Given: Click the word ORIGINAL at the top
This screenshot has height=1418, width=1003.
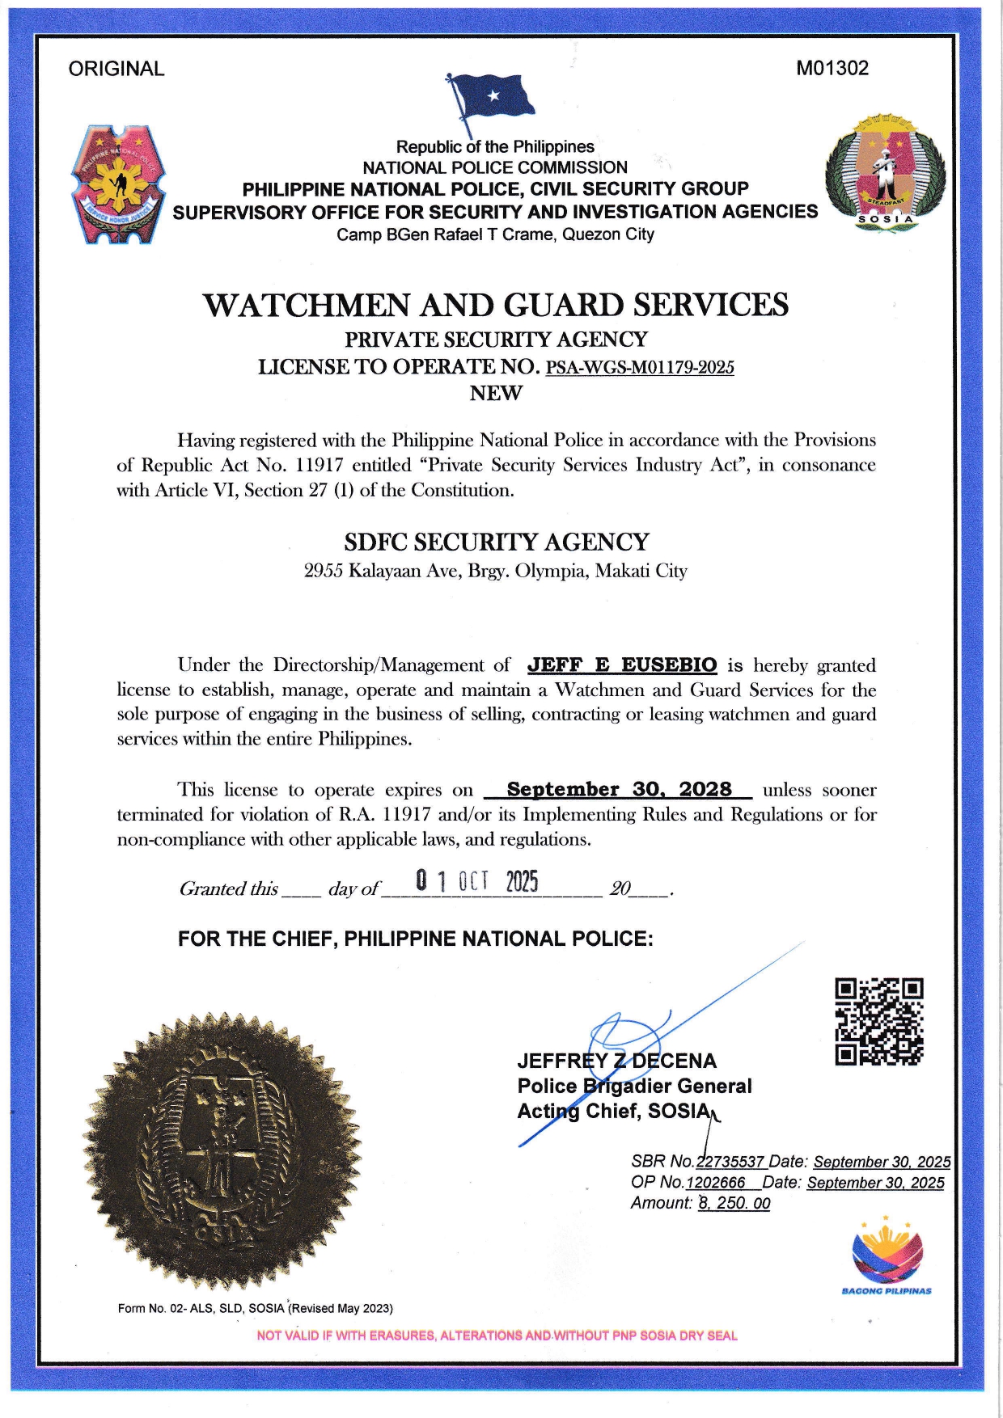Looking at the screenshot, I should click(116, 69).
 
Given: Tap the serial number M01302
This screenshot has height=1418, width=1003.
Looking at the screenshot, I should click(832, 68).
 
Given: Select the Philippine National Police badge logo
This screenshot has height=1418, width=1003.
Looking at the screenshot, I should click(118, 184).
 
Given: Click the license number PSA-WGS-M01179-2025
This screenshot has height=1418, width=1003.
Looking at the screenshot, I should click(640, 368).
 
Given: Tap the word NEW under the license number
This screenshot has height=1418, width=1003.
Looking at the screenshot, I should click(496, 394).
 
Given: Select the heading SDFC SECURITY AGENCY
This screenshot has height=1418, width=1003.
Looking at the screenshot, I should click(497, 542).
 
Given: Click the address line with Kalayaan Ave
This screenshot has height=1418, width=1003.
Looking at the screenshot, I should click(495, 571).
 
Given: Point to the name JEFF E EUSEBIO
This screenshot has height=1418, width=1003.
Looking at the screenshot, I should click(622, 665).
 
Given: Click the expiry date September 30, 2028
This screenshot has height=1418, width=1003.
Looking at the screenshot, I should click(619, 790).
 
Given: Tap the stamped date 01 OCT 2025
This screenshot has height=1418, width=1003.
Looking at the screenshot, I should click(476, 881).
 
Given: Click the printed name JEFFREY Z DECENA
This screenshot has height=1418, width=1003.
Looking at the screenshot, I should click(616, 1061).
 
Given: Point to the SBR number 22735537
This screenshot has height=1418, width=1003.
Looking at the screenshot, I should click(730, 1162).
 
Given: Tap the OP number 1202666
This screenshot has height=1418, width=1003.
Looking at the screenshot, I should click(716, 1183).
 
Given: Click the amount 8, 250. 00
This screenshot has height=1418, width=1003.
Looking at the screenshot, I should click(734, 1203).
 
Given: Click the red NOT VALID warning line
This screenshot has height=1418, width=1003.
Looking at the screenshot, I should click(497, 1336).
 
